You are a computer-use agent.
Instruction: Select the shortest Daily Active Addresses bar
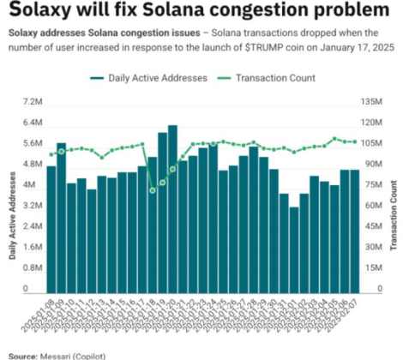294,249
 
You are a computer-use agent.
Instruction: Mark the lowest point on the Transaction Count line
153,189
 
